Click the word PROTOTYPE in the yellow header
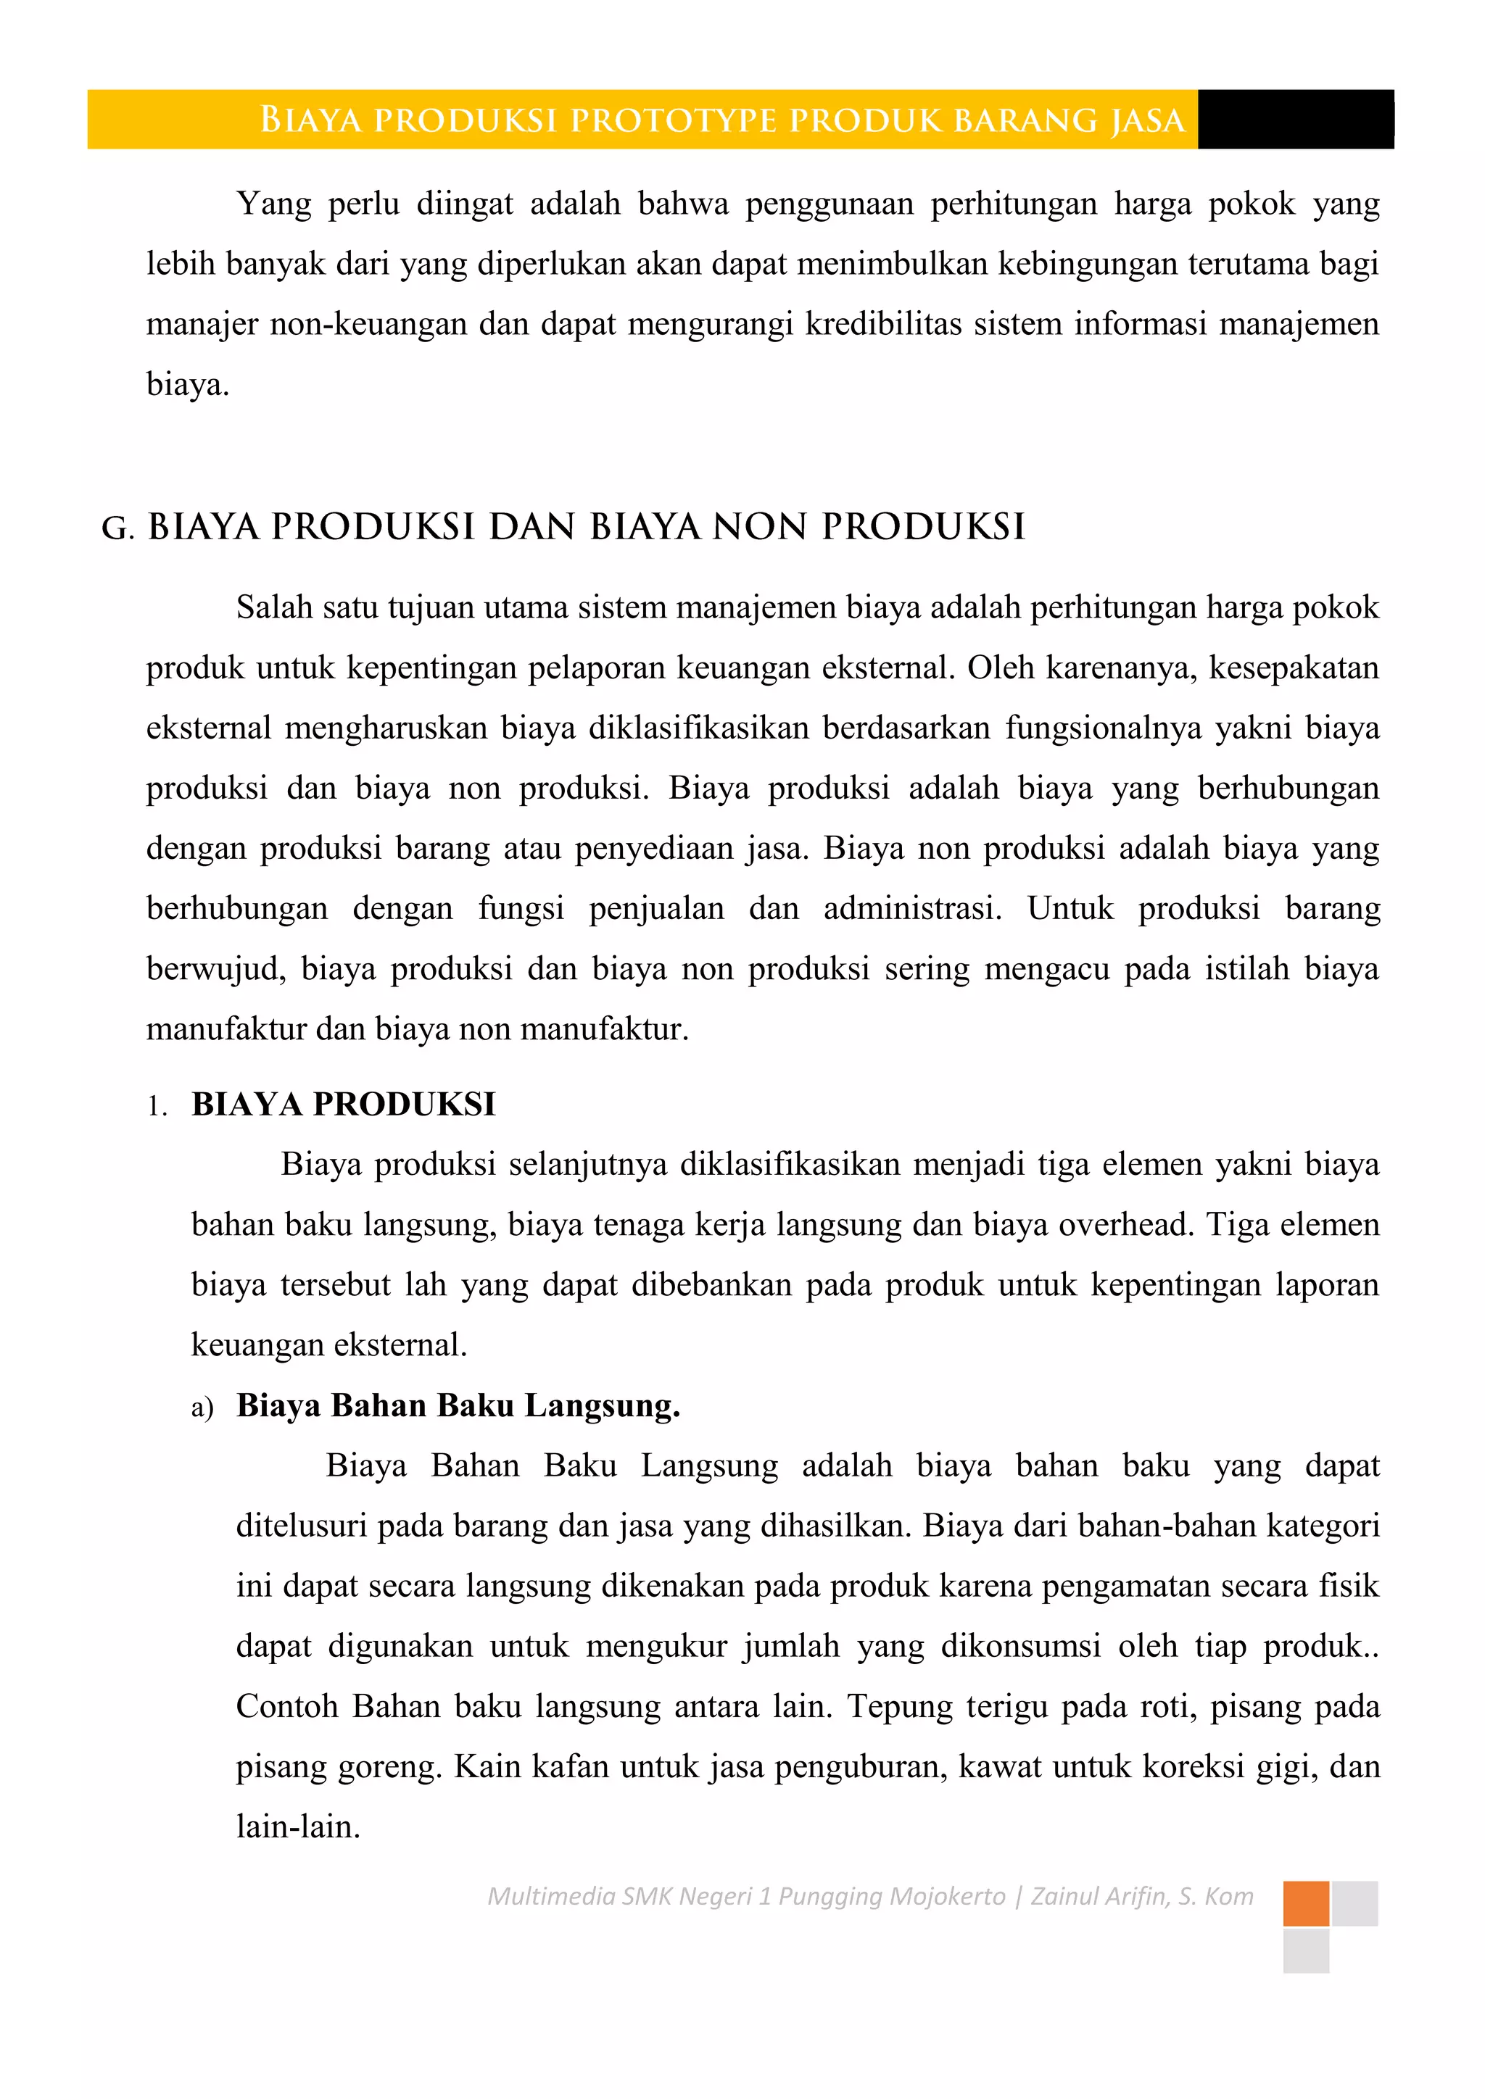coord(673,120)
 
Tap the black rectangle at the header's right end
coord(1295,120)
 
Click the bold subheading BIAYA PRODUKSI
coord(343,1105)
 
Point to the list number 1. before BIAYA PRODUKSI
coord(157,1107)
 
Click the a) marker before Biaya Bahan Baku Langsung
coord(202,1407)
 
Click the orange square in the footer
coord(1305,1903)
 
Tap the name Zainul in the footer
coord(1064,1896)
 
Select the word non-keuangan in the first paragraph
coord(368,325)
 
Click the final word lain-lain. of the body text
coord(298,1827)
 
